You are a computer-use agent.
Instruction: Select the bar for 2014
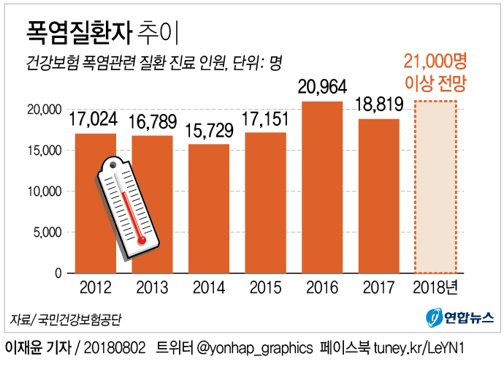(209, 208)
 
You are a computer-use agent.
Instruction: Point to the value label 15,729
(209, 131)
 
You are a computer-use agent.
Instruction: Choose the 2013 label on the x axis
(153, 287)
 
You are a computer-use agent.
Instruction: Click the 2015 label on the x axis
(266, 287)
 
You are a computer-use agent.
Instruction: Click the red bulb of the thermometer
(141, 239)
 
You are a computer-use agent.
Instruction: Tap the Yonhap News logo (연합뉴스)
(460, 318)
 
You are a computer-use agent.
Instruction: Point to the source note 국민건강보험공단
(78, 319)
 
